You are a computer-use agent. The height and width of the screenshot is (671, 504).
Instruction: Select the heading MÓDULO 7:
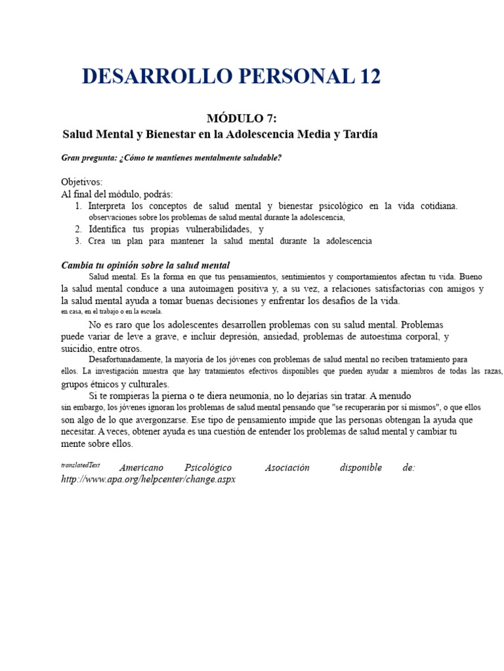click(242, 119)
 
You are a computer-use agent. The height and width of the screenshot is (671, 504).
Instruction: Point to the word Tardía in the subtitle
click(359, 134)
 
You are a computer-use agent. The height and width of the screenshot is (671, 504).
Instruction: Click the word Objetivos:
click(81, 182)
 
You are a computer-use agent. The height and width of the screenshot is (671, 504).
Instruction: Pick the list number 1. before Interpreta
click(79, 206)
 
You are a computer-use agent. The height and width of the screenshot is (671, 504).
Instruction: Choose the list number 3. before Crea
click(78, 241)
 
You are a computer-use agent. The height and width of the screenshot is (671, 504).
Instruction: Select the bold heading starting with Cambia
click(145, 265)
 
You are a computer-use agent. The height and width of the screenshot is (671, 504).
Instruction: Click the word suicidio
click(78, 349)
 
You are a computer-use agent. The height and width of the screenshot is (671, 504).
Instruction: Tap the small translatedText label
click(80, 465)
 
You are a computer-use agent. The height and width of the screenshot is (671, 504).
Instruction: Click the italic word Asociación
click(286, 468)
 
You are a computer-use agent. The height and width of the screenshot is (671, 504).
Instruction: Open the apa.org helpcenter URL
click(148, 480)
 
